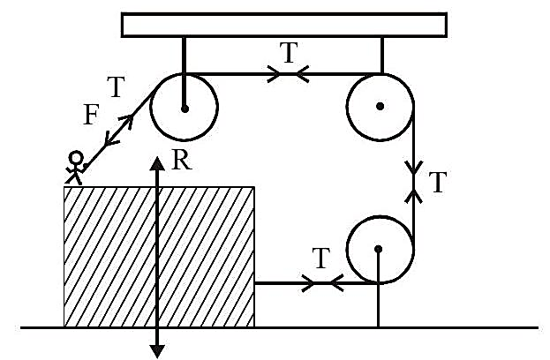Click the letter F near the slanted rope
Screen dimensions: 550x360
(x=91, y=115)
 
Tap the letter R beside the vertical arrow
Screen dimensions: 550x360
(x=182, y=160)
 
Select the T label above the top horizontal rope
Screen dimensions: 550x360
(x=289, y=53)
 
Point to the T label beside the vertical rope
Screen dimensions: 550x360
(x=438, y=183)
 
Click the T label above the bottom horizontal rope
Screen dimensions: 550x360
(x=321, y=258)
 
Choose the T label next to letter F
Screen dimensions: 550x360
(x=116, y=87)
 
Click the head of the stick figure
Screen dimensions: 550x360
(x=76, y=158)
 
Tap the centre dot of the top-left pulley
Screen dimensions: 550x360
(x=185, y=109)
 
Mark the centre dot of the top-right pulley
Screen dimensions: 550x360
(x=380, y=106)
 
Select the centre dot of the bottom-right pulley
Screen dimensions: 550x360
(x=378, y=249)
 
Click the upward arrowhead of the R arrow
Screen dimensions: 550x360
(x=157, y=164)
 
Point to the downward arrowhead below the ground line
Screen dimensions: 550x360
(x=157, y=351)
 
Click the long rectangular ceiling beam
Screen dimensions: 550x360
(x=284, y=25)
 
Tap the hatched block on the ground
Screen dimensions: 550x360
(x=159, y=257)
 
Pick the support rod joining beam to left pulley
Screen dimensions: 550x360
(x=184, y=72)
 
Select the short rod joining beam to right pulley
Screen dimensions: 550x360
(x=382, y=56)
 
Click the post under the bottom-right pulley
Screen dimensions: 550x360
(x=378, y=289)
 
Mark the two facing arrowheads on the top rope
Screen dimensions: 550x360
(x=288, y=74)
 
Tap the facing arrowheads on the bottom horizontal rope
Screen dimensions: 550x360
(x=323, y=282)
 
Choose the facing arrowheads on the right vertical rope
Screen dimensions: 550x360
(x=414, y=183)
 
